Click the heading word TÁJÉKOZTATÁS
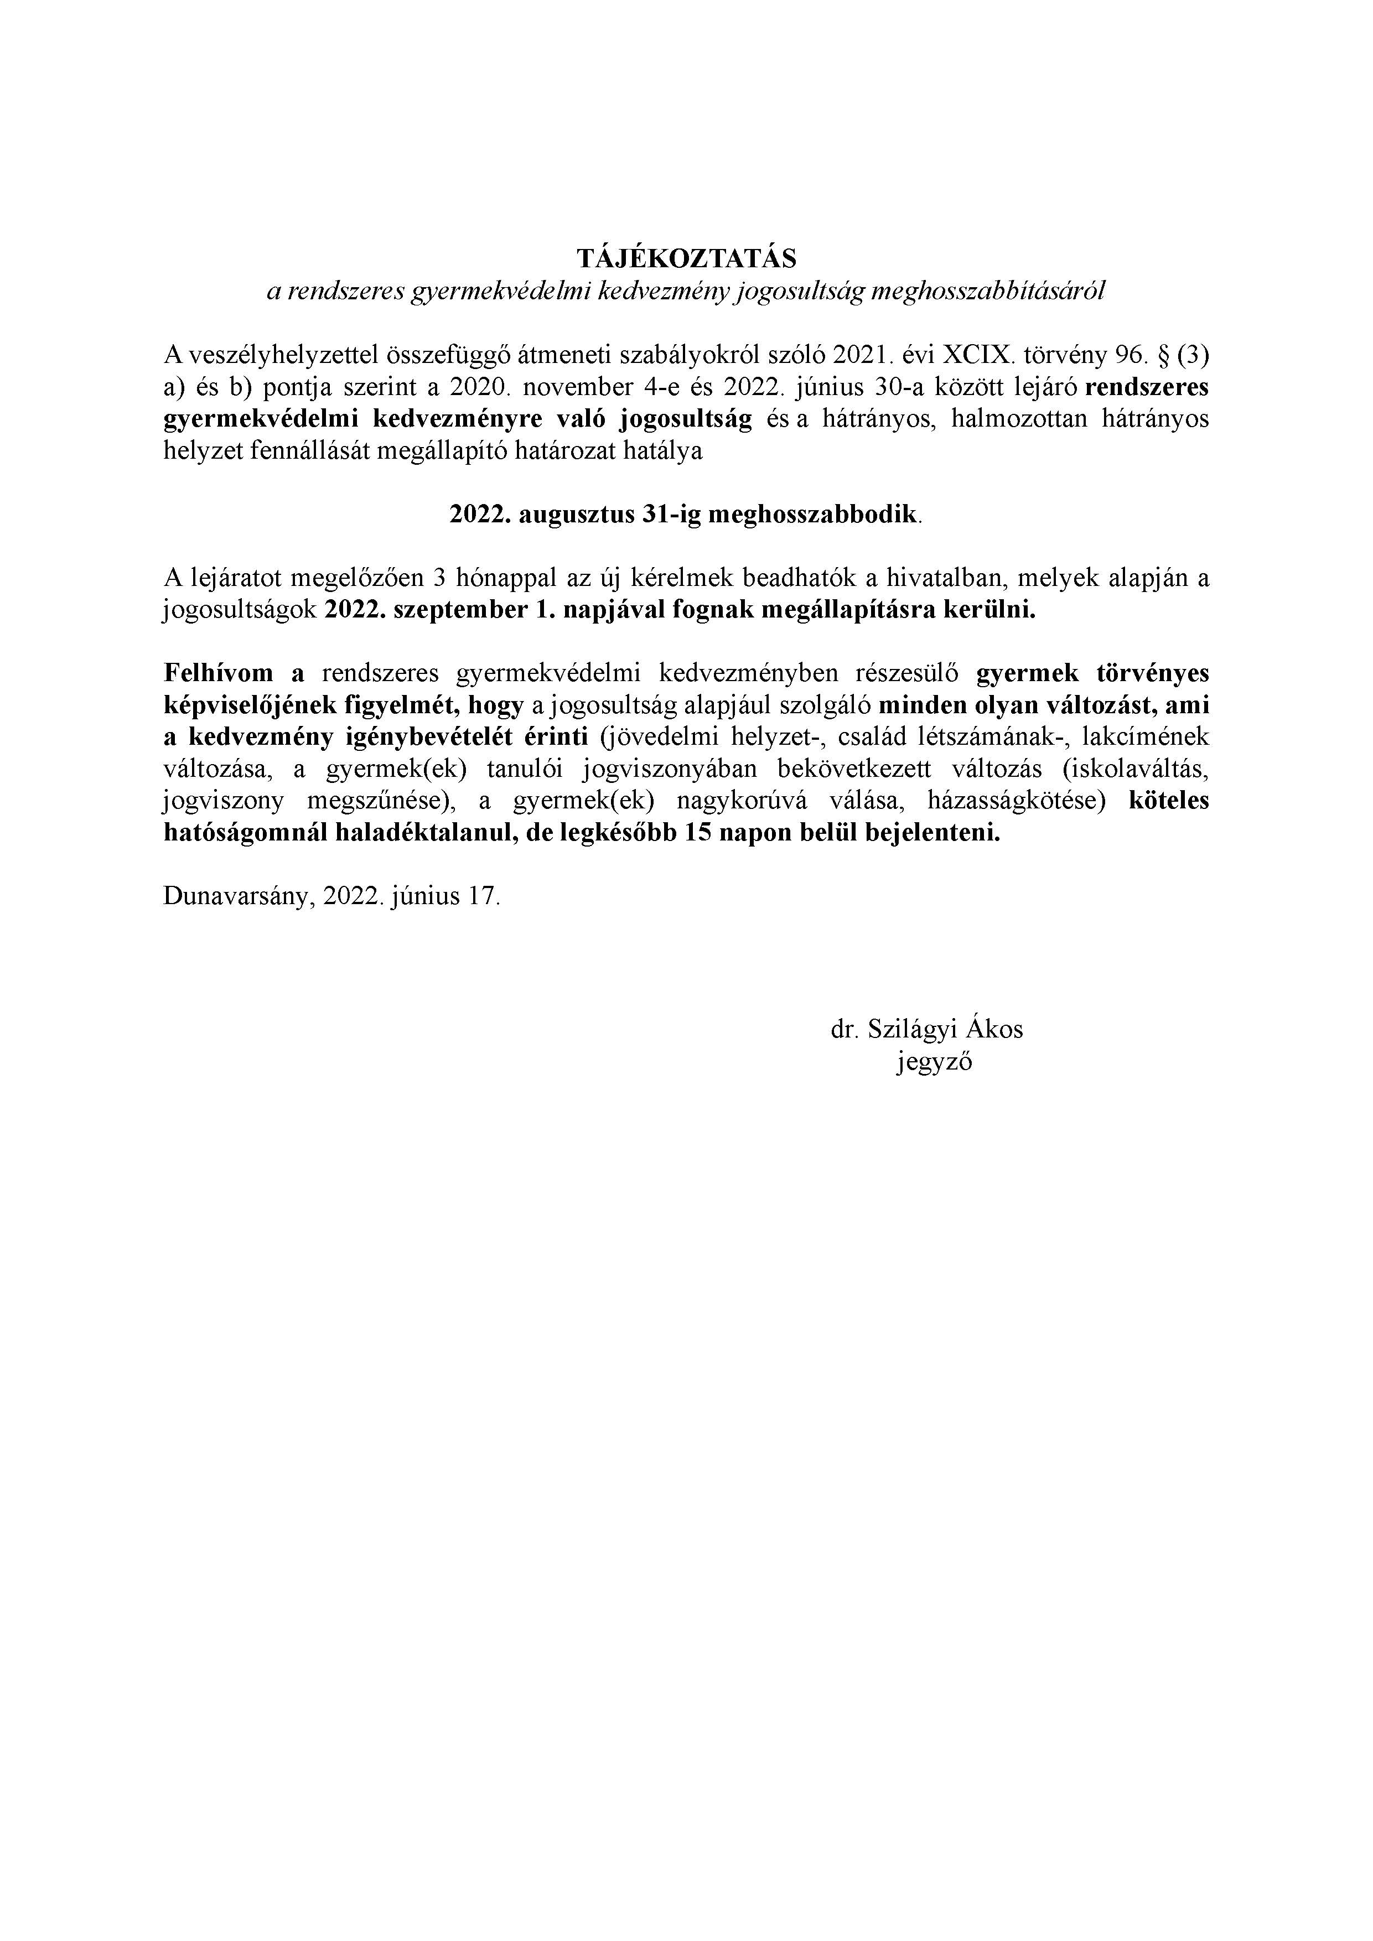[686, 257]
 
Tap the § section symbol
[1157, 354]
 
